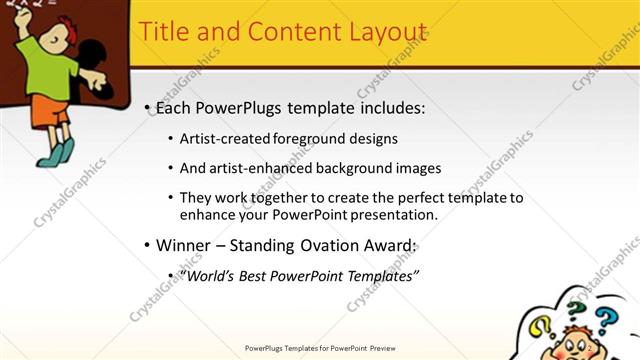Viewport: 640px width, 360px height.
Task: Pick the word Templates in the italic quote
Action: coord(380,275)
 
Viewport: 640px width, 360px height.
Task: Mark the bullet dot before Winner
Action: coord(148,246)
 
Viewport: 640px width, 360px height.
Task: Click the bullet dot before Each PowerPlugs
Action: coord(148,108)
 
